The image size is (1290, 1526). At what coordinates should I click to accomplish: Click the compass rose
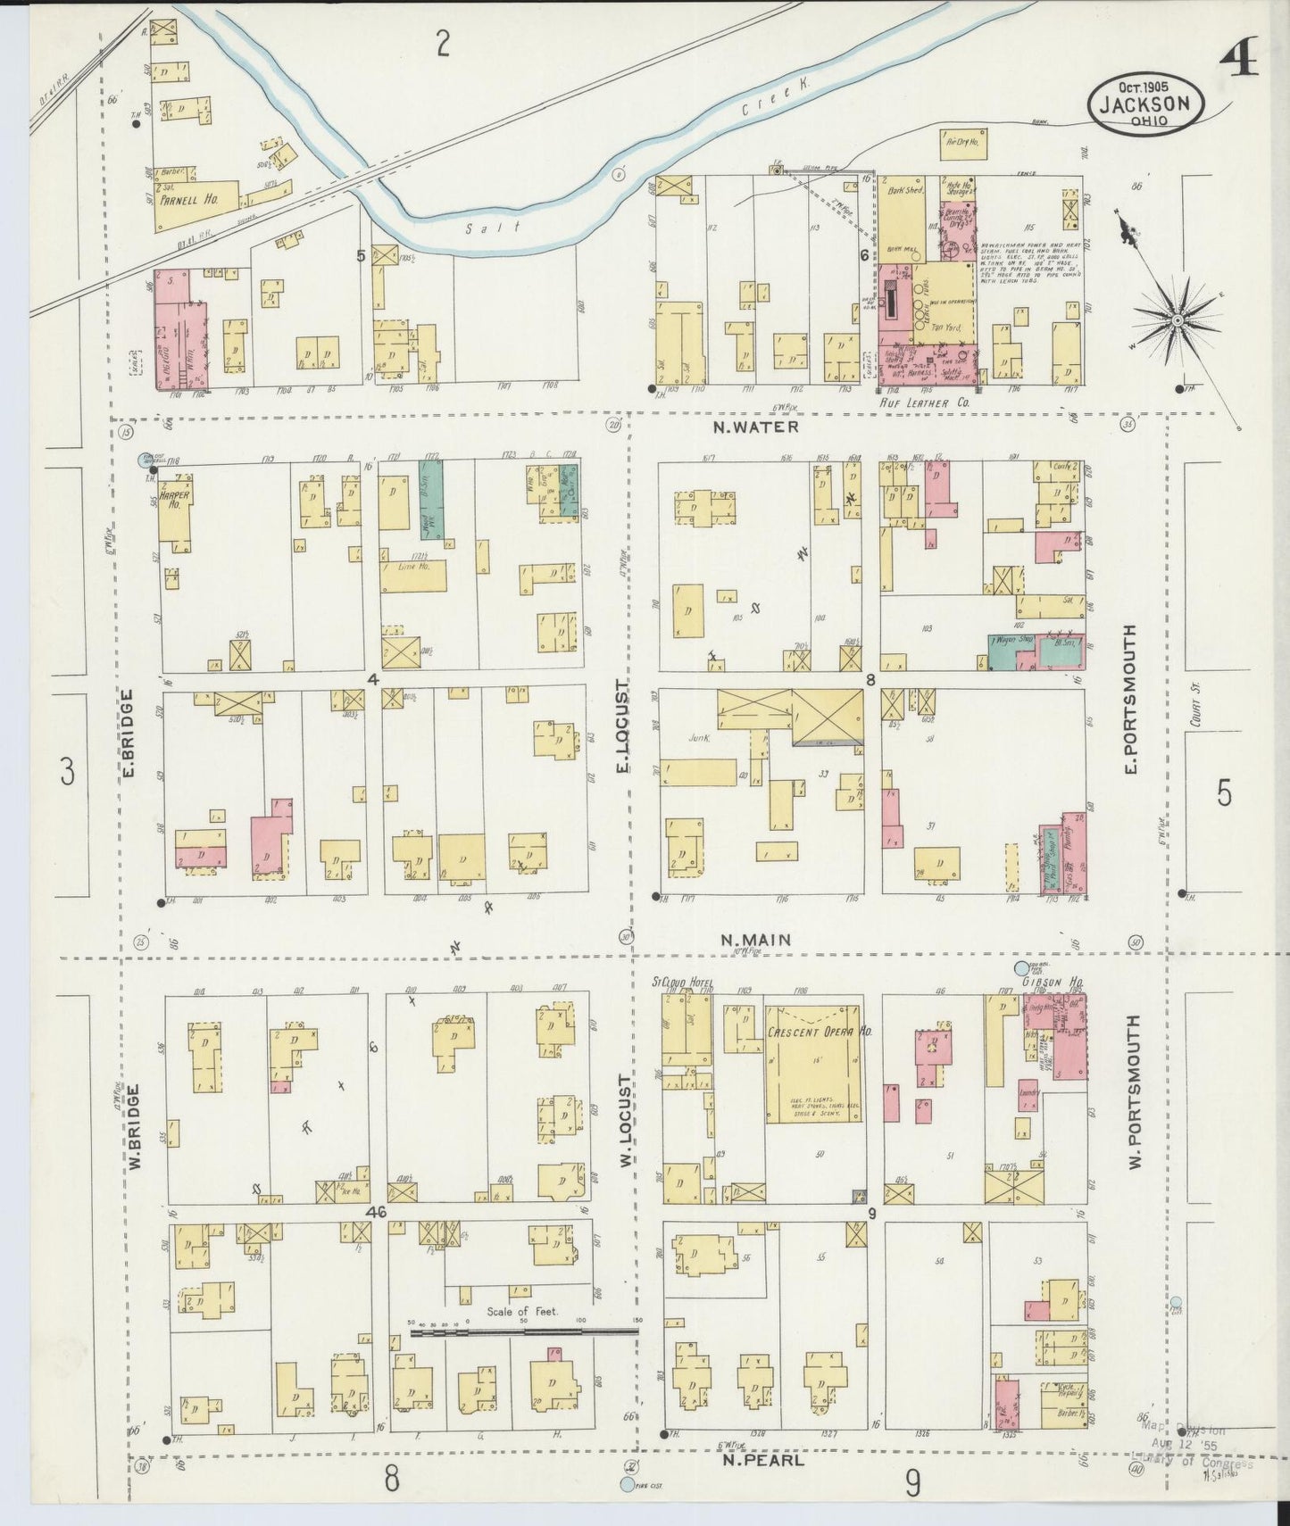coord(1178,319)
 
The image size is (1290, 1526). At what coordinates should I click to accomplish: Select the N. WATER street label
coord(756,427)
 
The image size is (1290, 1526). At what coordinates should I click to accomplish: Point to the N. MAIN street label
coord(755,939)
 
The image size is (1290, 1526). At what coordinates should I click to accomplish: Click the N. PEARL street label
coord(762,1461)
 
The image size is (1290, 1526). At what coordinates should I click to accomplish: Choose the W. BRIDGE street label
coord(136,1126)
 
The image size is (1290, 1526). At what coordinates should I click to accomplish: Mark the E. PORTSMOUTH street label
coord(1130,699)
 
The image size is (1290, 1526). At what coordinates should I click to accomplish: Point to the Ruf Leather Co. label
coord(925,402)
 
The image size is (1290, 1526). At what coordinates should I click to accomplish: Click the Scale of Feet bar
coord(524,1333)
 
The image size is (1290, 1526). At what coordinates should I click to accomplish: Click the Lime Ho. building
coord(413,576)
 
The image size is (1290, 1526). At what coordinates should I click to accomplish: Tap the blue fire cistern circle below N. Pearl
coord(628,1484)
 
